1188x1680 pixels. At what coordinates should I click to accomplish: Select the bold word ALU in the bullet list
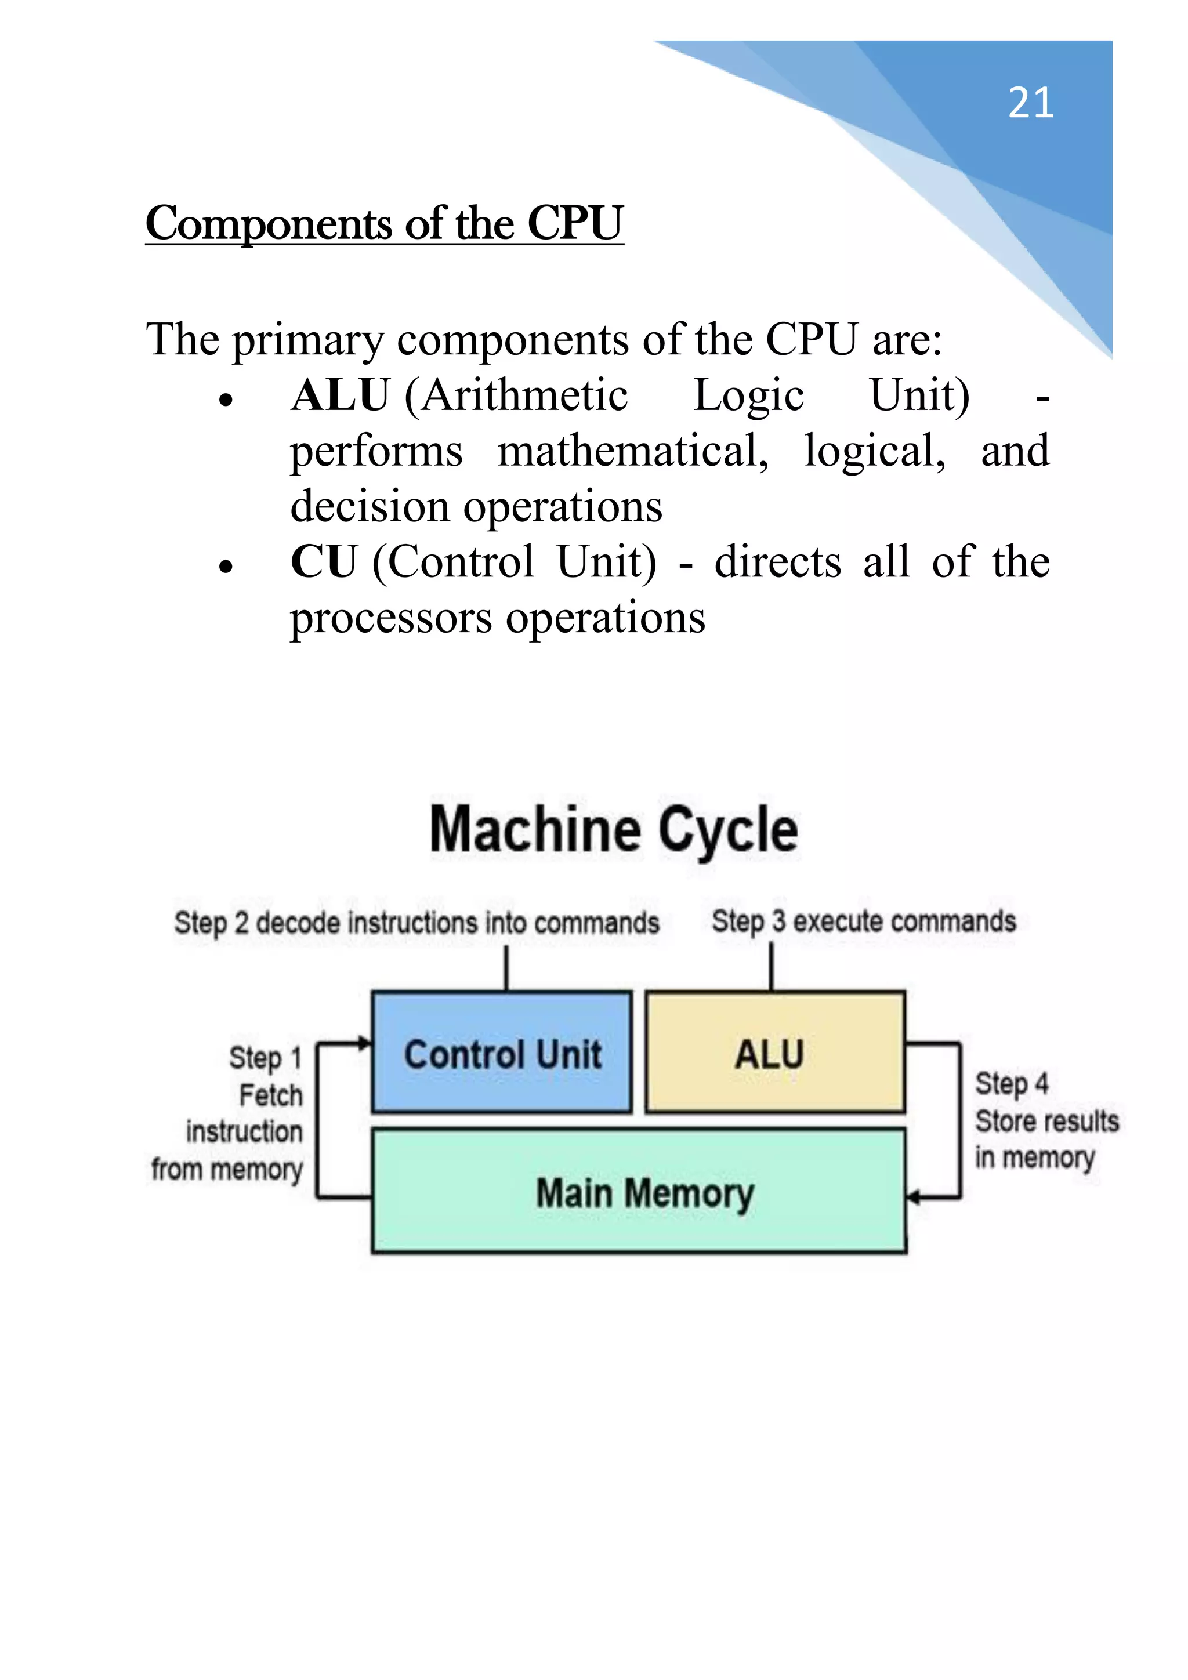[340, 396]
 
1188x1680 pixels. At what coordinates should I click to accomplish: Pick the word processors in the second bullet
[391, 618]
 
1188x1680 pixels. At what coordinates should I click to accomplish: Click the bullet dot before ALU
[226, 401]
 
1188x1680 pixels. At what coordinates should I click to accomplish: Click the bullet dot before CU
[226, 567]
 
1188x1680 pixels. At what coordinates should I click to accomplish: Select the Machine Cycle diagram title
[613, 830]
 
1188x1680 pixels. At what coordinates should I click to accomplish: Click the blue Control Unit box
[502, 1052]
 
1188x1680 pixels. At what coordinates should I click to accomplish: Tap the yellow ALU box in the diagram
[774, 1052]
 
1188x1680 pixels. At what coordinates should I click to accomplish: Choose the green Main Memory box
[638, 1191]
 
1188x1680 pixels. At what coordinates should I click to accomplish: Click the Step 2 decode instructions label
[416, 923]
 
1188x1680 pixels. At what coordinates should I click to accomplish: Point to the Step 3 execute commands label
[864, 921]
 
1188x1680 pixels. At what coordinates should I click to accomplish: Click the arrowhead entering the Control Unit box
[364, 1043]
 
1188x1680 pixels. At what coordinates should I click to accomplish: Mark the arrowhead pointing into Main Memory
[913, 1197]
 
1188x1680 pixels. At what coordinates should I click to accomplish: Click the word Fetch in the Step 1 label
[270, 1095]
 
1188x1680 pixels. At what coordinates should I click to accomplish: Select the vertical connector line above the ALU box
[771, 967]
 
